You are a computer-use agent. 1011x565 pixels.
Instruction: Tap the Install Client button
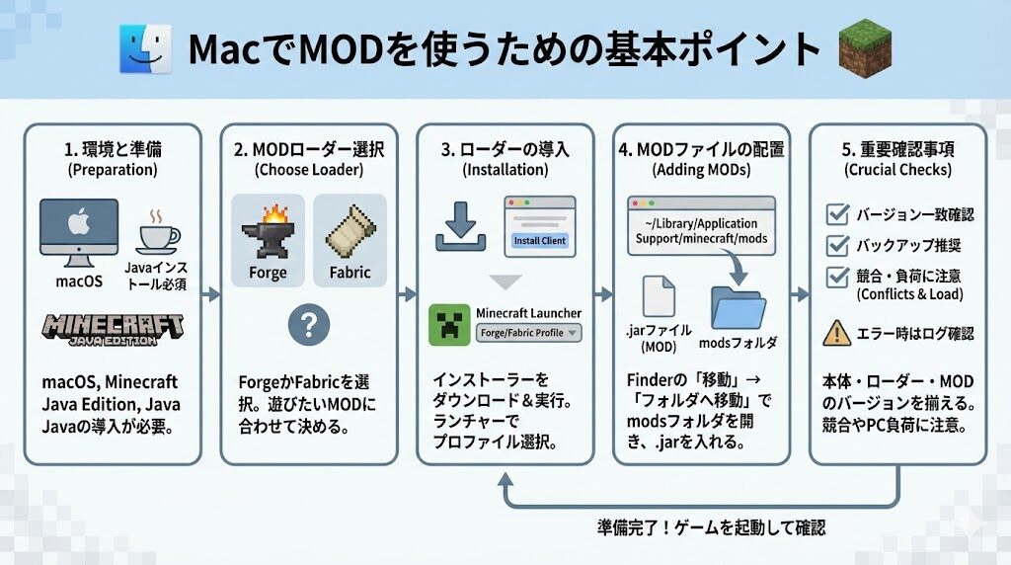[x=539, y=240]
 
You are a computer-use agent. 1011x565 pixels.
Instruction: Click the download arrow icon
[x=461, y=224]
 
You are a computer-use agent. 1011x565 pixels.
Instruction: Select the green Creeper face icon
[x=449, y=325]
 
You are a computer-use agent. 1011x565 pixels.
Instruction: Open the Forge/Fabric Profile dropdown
[x=528, y=333]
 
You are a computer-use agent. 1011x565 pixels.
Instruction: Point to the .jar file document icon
[x=659, y=296]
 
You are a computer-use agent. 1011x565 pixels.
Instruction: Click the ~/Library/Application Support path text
[x=701, y=231]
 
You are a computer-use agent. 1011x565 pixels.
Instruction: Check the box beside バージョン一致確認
[x=837, y=214]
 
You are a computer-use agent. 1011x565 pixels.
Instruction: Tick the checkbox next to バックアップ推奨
[x=837, y=245]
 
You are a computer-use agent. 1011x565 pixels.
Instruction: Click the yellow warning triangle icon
[x=837, y=334]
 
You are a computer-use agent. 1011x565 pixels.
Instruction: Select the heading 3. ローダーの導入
[x=505, y=150]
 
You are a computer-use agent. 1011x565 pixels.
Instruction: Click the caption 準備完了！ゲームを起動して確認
[x=711, y=527]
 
